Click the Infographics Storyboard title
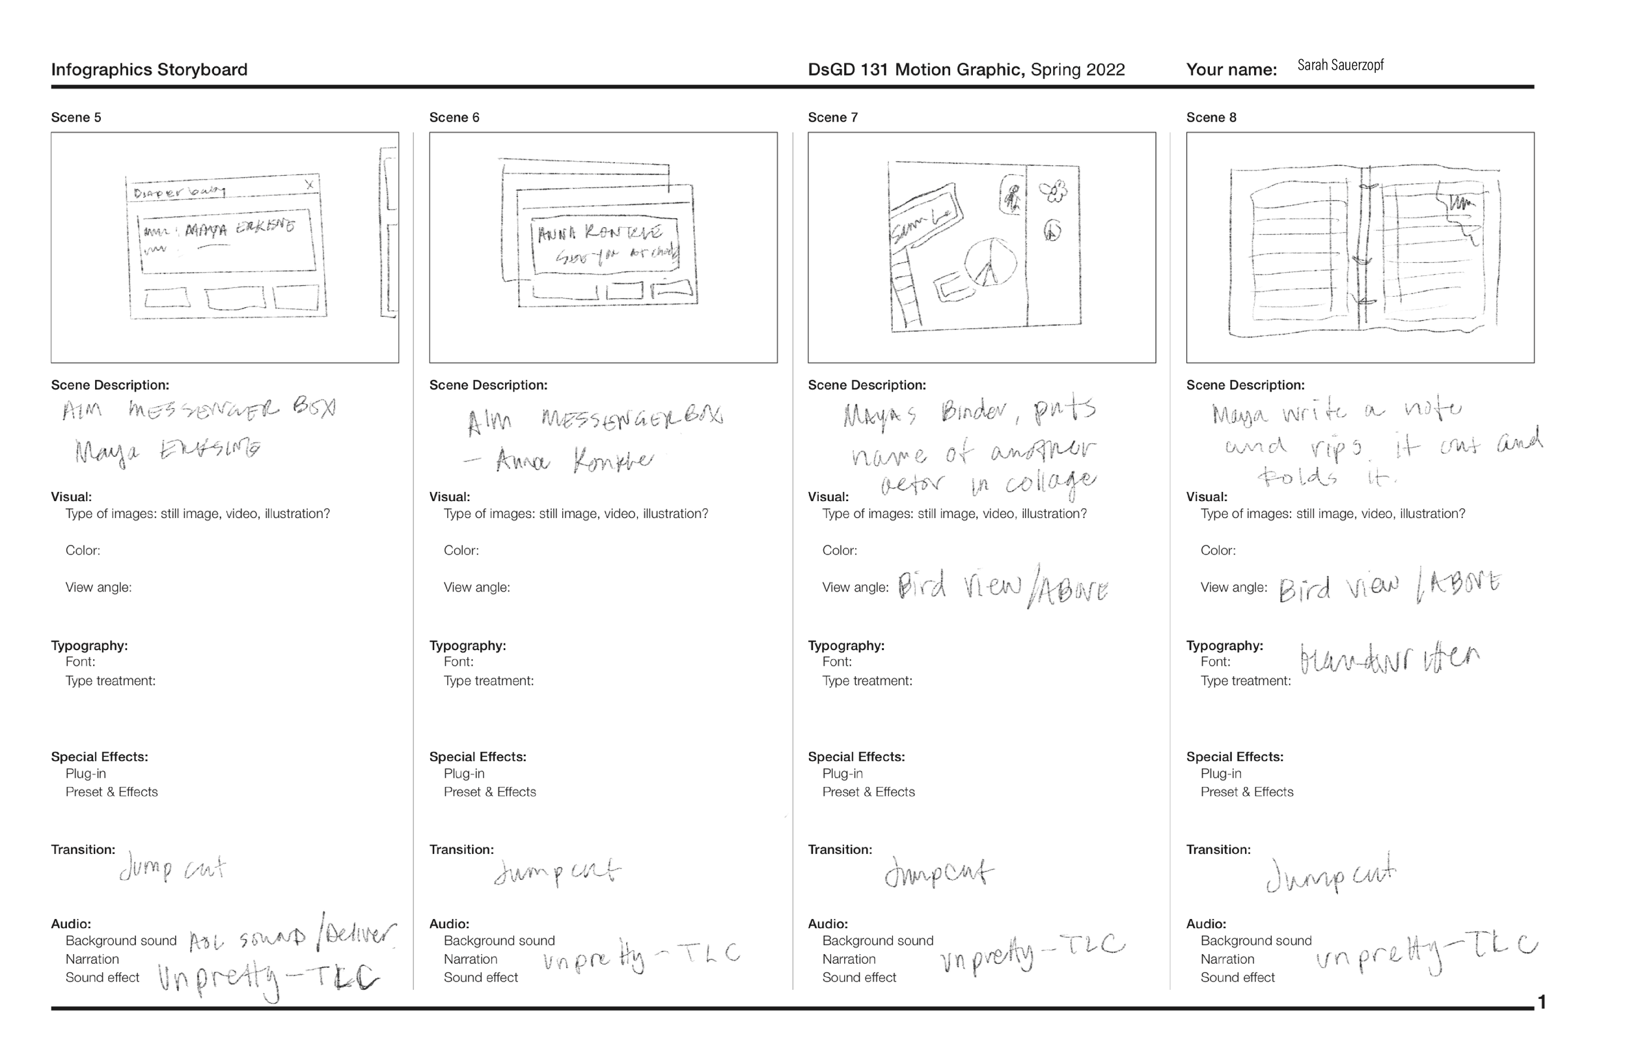click(149, 70)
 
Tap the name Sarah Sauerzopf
click(1340, 65)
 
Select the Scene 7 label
click(832, 118)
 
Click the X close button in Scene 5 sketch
click(309, 185)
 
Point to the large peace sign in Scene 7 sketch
click(991, 262)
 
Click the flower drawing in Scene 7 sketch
click(1054, 191)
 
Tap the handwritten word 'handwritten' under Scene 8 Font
click(1388, 658)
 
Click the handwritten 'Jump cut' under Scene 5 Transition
click(172, 869)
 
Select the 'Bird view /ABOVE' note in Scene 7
click(1002, 586)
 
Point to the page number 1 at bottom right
click(1542, 1002)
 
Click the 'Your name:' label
click(1231, 70)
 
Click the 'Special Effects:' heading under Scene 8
click(1234, 757)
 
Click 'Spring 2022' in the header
click(1077, 70)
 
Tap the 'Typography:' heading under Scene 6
click(467, 646)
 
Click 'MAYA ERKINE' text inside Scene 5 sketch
click(239, 228)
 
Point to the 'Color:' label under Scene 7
click(839, 551)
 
